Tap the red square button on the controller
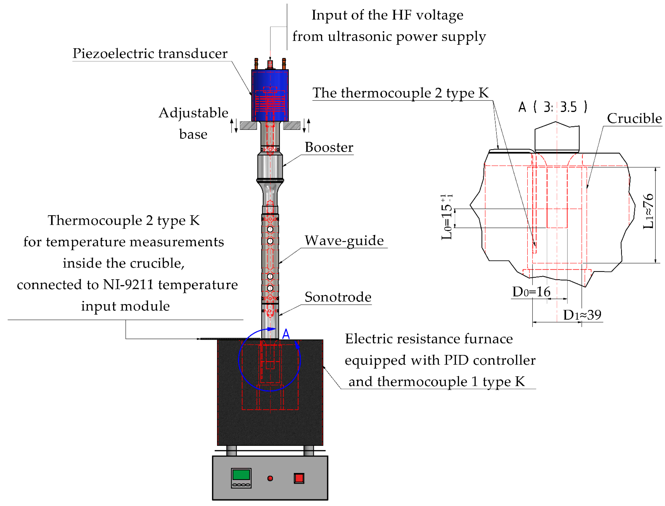(x=299, y=478)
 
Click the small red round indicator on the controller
(x=270, y=478)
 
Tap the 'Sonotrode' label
(x=338, y=297)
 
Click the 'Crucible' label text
(x=634, y=118)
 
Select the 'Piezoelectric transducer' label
(x=150, y=54)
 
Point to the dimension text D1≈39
(x=582, y=315)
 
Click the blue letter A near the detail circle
(x=286, y=334)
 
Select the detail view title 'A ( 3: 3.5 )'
(x=552, y=107)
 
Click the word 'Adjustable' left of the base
(x=193, y=113)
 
